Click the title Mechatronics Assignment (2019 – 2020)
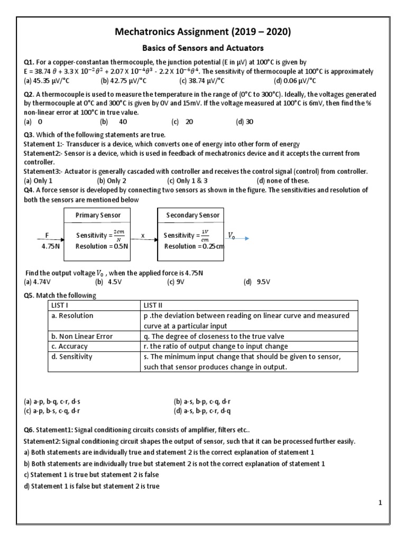(x=203, y=33)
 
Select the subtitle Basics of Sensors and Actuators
(x=203, y=49)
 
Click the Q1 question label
(x=30, y=62)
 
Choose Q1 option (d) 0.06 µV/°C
(x=295, y=80)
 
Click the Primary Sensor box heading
(x=98, y=215)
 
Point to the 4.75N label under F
(x=50, y=246)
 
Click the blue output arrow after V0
(x=246, y=238)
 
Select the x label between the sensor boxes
(x=143, y=235)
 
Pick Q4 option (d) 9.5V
(x=257, y=282)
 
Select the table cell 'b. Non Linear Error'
(x=82, y=336)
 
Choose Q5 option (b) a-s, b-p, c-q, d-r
(x=206, y=401)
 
